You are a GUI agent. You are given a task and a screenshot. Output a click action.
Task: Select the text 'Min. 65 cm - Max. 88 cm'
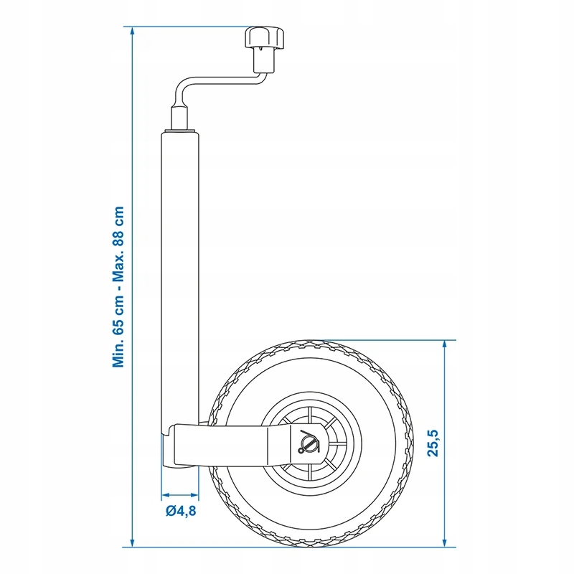click(x=119, y=287)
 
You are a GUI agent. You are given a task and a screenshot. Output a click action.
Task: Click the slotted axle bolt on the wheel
click(x=308, y=443)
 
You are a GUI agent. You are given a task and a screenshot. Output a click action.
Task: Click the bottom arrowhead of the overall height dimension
click(x=132, y=542)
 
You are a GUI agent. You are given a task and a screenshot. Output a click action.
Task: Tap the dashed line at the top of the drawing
click(x=187, y=27)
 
